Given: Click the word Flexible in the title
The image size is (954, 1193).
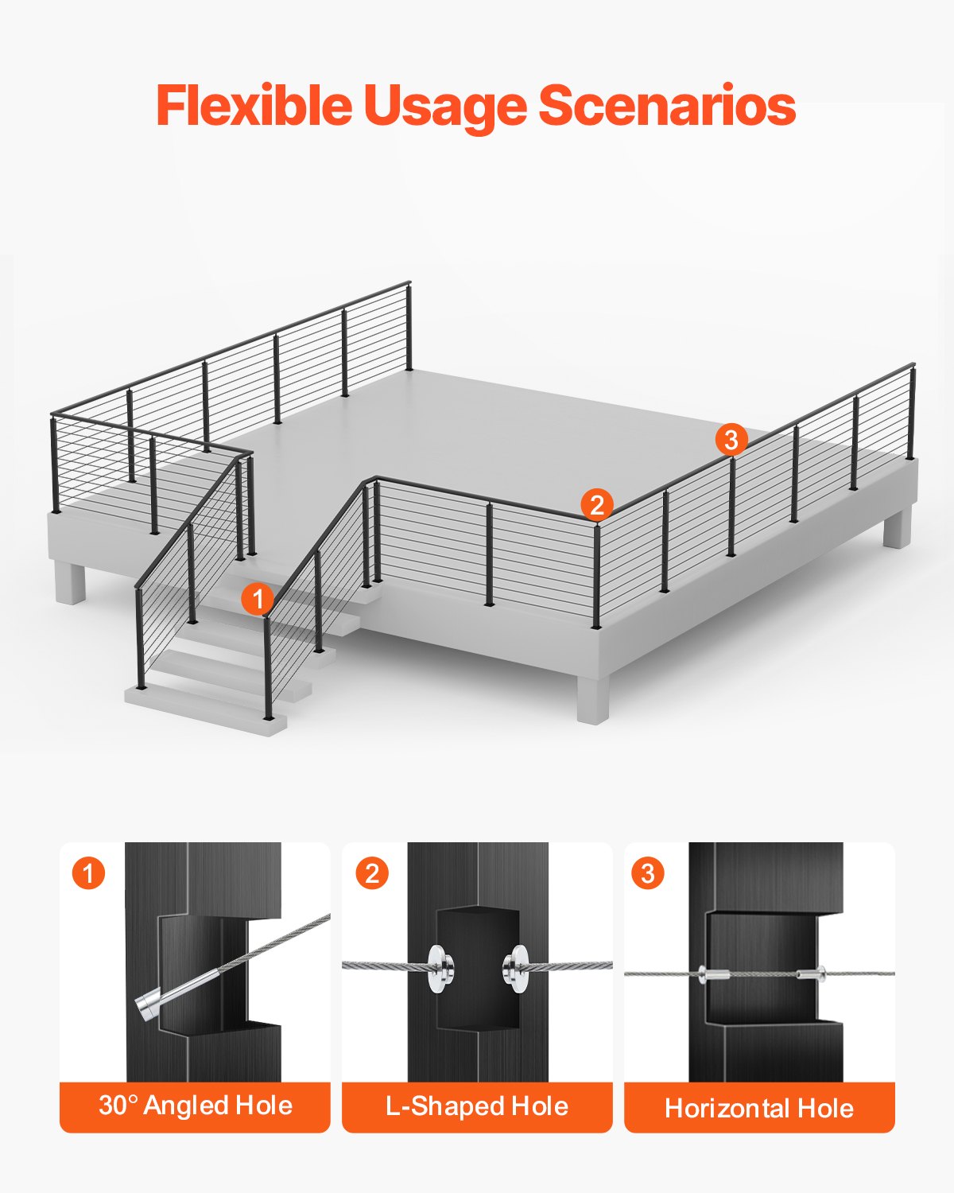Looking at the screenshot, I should coord(254,106).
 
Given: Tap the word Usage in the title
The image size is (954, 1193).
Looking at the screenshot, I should coord(444,106).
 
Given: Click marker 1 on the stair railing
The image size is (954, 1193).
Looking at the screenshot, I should coord(257,598).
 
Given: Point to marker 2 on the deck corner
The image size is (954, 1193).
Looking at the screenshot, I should coord(596,504).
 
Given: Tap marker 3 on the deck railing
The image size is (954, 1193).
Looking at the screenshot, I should coord(731,439).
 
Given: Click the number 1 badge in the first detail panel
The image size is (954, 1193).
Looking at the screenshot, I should coord(88,872).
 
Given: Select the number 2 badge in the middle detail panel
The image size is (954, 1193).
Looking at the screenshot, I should coord(371,873).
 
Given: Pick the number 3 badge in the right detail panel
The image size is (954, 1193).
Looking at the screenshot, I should coord(647,873).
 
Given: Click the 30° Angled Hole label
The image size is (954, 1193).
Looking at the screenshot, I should coord(195,1106).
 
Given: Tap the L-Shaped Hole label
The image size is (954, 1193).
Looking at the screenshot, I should coord(477,1106).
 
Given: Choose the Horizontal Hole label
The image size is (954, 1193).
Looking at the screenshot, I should coord(759,1107).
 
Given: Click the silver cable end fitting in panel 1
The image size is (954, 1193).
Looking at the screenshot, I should coord(149,1008).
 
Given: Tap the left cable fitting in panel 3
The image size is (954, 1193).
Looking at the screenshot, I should coord(712,973).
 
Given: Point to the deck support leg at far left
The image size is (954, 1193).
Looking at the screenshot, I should coord(70,582).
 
